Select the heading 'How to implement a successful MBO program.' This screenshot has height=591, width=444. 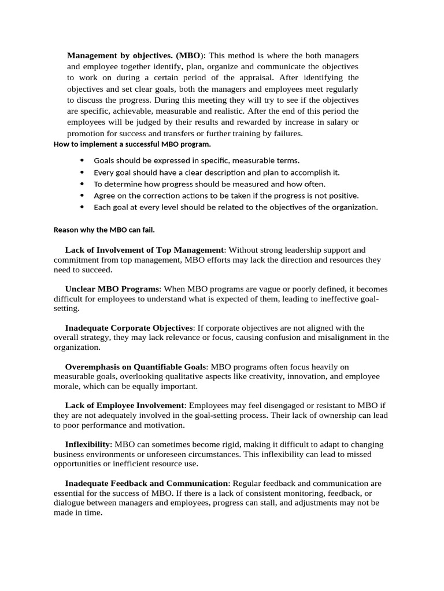pos(132,144)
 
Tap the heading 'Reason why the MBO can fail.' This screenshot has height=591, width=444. pos(100,229)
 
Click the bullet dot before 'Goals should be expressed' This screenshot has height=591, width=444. pos(82,160)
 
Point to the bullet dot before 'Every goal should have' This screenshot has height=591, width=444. pos(82,172)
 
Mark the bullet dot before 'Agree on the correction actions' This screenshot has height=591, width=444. pos(82,195)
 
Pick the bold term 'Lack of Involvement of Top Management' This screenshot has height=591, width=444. pos(145,250)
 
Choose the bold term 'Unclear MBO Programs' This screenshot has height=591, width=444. pos(112,289)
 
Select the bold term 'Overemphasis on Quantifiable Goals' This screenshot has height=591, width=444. pos(136,366)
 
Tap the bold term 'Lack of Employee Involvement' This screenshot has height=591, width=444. pos(125,406)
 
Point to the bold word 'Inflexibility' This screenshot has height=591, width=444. pos(87,444)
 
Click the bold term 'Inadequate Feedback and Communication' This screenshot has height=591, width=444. pos(147,483)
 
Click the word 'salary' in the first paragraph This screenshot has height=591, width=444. pos(337,122)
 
